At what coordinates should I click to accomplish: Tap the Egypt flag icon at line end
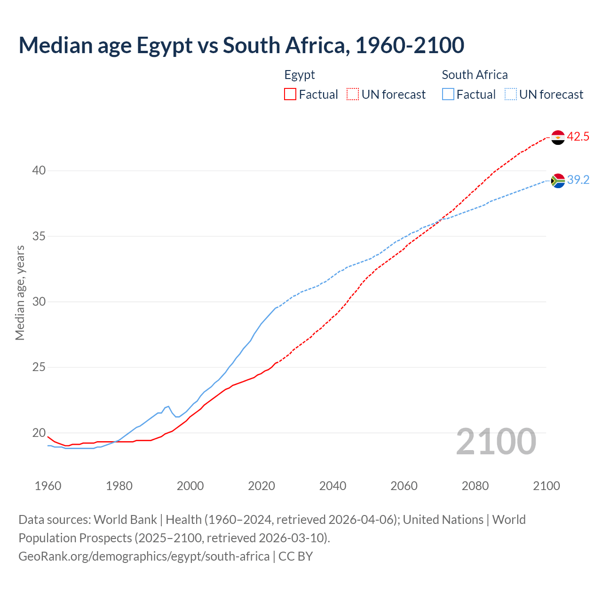[x=558, y=137]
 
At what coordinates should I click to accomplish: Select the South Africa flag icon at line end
[x=558, y=181]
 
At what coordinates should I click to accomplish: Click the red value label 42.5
[x=578, y=137]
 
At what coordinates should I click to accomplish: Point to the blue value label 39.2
[x=578, y=180]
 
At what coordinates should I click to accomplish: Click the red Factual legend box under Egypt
[x=290, y=95]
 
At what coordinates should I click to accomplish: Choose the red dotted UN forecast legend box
[x=353, y=95]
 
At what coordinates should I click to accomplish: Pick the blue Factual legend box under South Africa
[x=448, y=95]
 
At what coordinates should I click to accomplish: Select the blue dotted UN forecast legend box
[x=510, y=95]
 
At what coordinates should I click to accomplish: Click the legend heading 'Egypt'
[x=300, y=75]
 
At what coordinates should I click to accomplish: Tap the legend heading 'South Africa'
[x=475, y=75]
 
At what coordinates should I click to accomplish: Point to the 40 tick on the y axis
[x=39, y=171]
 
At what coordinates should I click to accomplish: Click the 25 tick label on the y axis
[x=39, y=367]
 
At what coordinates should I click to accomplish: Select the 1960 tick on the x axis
[x=48, y=486]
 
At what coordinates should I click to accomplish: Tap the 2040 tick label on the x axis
[x=333, y=486]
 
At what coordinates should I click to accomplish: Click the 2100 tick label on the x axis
[x=546, y=486]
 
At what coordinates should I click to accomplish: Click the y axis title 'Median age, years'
[x=20, y=293]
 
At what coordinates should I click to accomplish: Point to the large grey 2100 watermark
[x=496, y=442]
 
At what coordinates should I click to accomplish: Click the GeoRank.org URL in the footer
[x=144, y=556]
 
